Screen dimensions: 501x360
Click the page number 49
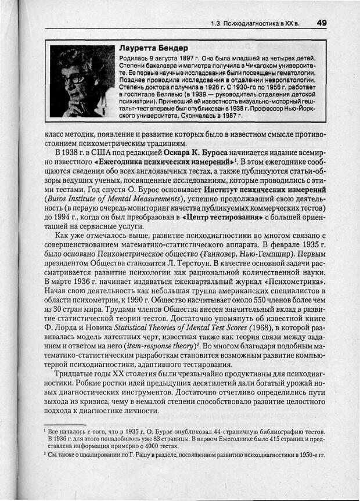(322, 23)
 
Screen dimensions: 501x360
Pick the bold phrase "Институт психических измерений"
(264, 190)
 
